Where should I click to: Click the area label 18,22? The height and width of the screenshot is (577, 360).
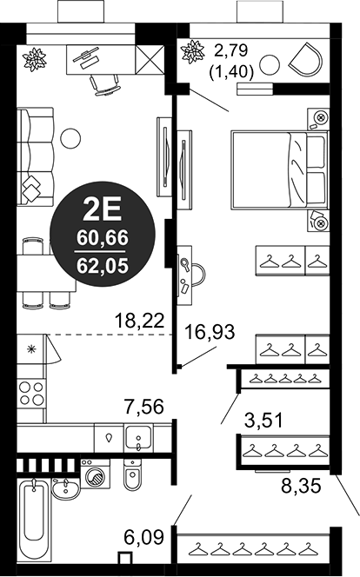click(x=139, y=320)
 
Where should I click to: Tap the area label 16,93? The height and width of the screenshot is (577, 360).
click(x=210, y=332)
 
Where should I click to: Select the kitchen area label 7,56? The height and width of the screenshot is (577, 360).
click(x=143, y=407)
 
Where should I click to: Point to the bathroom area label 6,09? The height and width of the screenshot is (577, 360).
click(x=143, y=538)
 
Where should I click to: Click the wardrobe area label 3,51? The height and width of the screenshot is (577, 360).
click(x=264, y=421)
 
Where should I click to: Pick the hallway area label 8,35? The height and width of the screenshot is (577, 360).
click(x=301, y=486)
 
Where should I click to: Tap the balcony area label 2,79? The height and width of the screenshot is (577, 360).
click(x=231, y=51)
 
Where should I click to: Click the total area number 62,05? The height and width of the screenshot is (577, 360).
click(x=103, y=265)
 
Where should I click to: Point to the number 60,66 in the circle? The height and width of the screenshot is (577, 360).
click(x=103, y=238)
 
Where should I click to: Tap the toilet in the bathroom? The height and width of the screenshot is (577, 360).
click(x=132, y=474)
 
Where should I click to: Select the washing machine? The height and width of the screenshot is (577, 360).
click(x=95, y=474)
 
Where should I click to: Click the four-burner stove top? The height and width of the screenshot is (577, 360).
click(x=31, y=393)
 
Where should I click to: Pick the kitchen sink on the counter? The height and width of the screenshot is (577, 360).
click(x=138, y=437)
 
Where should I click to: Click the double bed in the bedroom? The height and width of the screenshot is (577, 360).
click(x=280, y=169)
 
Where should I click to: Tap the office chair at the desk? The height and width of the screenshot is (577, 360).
click(x=105, y=85)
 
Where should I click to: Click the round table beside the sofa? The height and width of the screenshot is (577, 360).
click(x=70, y=138)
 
